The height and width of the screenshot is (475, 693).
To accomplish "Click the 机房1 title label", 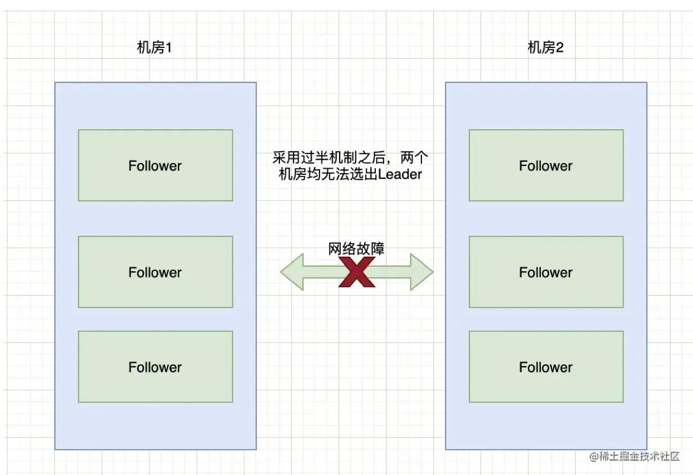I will coord(154,48).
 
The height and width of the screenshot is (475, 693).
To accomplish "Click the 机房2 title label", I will coord(545,48).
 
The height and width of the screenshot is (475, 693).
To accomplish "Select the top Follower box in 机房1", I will coord(156,165).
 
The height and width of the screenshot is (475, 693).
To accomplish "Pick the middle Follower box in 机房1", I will coord(156,272).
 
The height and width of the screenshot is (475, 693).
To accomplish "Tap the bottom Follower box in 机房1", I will coord(156,367).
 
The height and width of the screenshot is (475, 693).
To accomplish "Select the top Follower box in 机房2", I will coord(546,165).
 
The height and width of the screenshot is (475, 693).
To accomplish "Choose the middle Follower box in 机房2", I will coord(546,272).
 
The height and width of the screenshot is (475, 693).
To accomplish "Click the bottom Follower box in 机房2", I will coord(546,367).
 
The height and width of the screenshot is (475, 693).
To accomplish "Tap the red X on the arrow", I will coord(357,272).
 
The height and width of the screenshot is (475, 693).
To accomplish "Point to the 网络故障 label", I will coord(356,249).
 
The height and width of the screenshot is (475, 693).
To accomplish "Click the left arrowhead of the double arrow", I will coord(292,272).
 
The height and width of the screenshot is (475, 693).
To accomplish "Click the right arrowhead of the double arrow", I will coord(421,272).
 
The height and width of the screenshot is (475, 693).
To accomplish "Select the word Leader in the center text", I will coord(400,175).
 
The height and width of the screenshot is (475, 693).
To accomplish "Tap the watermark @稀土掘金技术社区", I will coord(634,456).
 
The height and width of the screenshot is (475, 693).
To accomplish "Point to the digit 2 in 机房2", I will coord(559,48).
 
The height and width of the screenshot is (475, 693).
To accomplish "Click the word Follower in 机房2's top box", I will coord(546,166).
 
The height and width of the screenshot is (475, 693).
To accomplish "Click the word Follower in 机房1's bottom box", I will coord(156,367).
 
